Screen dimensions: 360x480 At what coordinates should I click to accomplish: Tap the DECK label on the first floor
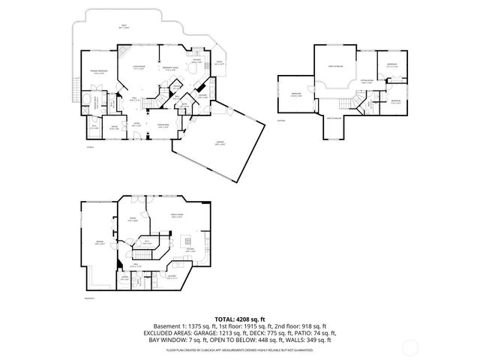(123, 26)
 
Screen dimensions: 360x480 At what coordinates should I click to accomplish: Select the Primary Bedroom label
(94, 72)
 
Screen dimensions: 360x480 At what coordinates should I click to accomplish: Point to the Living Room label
(139, 68)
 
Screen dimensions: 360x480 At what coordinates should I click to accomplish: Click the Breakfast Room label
(171, 69)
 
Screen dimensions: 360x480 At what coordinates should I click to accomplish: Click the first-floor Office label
(115, 128)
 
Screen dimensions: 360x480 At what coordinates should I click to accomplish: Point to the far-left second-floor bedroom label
(295, 94)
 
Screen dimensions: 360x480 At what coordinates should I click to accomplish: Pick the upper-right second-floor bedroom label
(391, 65)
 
